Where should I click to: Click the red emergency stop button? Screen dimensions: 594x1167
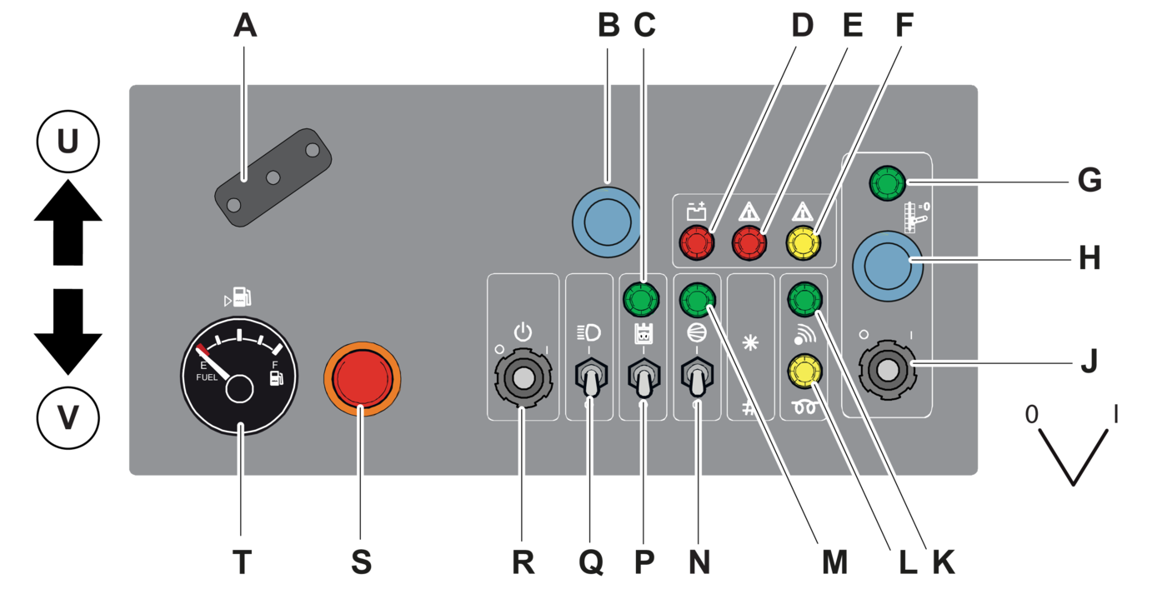point(362,378)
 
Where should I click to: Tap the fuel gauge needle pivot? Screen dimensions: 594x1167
point(238,388)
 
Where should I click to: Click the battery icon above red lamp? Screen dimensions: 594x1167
point(696,212)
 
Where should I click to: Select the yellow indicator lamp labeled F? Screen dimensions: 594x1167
point(803,243)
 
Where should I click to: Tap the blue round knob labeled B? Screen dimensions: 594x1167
point(607,222)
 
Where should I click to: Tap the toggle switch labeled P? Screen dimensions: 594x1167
point(644,379)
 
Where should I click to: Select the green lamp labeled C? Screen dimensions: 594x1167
point(640,297)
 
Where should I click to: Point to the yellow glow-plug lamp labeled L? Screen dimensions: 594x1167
point(803,372)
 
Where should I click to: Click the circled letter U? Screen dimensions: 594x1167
point(68,142)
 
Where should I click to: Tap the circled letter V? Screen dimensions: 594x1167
point(68,417)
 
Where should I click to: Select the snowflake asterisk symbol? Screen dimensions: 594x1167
point(750,343)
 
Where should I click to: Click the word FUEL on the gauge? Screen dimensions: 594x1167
point(207,377)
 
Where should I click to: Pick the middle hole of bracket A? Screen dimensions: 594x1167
point(273,177)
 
